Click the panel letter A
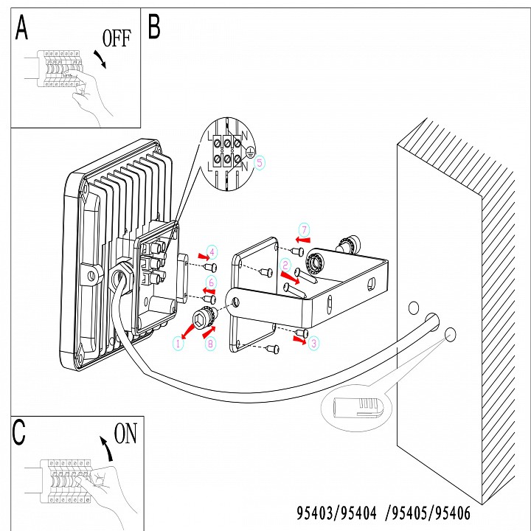coord(21,27)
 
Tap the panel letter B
coord(154,27)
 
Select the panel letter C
coord(18,432)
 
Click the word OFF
coord(117,38)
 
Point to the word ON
coord(125,433)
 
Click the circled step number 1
coord(178,344)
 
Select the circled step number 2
coord(285,265)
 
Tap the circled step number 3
coord(313,344)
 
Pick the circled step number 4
coord(212,252)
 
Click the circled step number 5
coord(260,162)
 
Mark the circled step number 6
coord(212,282)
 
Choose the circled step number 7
coord(304,230)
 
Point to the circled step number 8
coord(210,344)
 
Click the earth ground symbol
coord(250,153)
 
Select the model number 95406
coord(452,513)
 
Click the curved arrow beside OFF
coord(100,59)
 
